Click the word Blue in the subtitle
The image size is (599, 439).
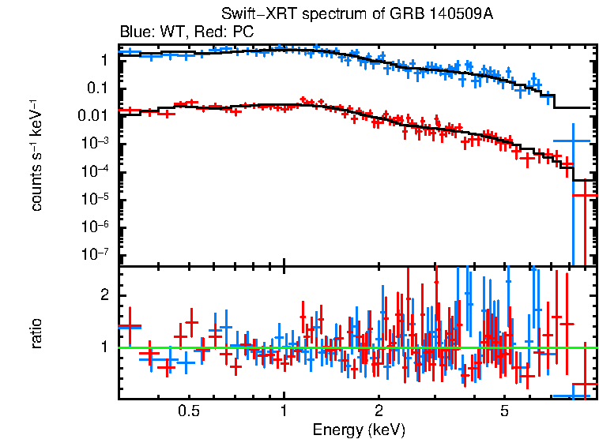tap(134, 32)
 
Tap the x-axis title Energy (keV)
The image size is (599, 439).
tap(359, 430)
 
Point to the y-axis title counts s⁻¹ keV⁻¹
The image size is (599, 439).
tap(36, 155)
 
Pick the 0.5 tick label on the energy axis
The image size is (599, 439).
tap(188, 411)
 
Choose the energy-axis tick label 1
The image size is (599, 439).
tap(284, 411)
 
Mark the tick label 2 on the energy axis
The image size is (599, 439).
tap(379, 411)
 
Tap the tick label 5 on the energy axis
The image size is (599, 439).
tap(504, 411)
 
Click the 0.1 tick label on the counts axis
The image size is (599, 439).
tap(97, 88)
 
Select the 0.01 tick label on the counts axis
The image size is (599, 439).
tap(93, 116)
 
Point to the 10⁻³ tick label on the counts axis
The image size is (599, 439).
tap(96, 143)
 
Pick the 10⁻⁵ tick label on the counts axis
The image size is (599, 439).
tap(96, 199)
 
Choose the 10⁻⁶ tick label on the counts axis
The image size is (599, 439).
tap(96, 227)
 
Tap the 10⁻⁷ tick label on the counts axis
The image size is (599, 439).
tap(96, 255)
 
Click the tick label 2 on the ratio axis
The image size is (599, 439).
tap(103, 295)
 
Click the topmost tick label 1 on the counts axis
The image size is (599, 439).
tap(104, 60)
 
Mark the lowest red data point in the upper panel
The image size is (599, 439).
tap(585, 195)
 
